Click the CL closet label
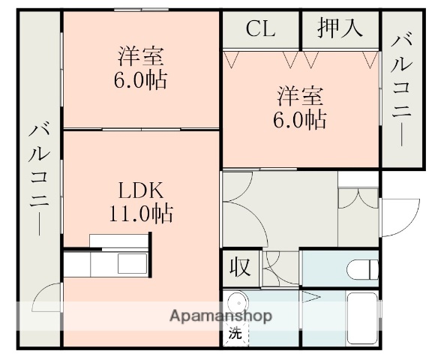tap(260, 29)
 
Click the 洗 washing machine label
tap(235, 334)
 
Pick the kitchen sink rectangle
tap(133, 265)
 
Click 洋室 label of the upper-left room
tap(141, 55)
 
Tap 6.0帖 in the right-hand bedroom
tap(302, 118)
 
